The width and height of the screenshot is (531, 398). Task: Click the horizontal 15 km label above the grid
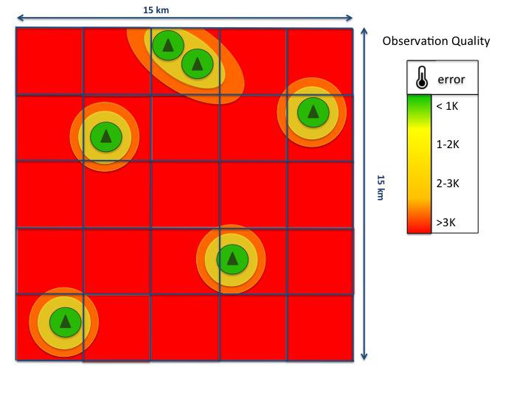tap(156, 10)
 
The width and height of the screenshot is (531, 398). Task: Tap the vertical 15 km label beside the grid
tap(381, 187)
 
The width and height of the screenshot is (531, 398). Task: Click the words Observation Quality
tap(436, 41)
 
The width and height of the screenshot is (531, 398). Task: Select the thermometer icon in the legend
tap(422, 77)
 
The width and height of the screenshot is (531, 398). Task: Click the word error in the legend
tap(451, 80)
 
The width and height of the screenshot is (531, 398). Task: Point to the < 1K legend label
tap(447, 106)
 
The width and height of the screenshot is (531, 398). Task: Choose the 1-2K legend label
tap(448, 144)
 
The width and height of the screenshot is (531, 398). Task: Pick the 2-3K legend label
tap(448, 184)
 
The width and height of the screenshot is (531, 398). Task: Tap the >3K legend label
tap(445, 223)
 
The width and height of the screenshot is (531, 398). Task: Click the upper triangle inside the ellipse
tap(168, 45)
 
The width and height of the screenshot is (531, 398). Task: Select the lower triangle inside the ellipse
tap(198, 63)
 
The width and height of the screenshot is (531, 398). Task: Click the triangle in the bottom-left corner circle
tap(66, 322)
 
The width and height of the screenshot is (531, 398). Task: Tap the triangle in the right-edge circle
tap(313, 112)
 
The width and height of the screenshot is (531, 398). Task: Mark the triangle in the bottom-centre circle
tap(232, 259)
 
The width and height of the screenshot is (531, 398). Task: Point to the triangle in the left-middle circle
tap(106, 136)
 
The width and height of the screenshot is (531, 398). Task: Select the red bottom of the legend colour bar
tap(419, 223)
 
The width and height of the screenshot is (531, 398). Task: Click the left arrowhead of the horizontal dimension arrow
tap(21, 18)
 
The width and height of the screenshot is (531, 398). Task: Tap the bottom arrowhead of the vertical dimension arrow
tap(364, 357)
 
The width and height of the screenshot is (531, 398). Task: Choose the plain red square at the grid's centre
tap(185, 195)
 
